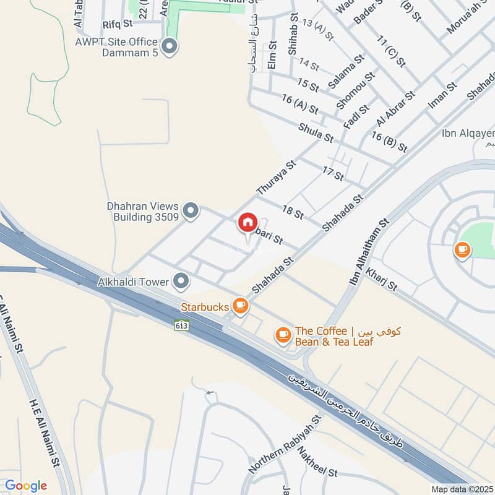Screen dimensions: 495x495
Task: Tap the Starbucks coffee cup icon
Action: click(240, 305)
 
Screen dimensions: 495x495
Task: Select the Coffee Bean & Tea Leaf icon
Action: click(283, 335)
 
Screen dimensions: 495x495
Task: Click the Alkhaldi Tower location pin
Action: click(181, 282)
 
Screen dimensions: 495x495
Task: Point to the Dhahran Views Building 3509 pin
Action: click(191, 212)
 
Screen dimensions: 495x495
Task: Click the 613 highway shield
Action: click(181, 325)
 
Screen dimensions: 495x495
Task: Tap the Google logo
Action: click(25, 486)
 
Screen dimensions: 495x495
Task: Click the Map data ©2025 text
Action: click(461, 489)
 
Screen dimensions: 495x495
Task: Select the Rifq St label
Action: click(118, 24)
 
